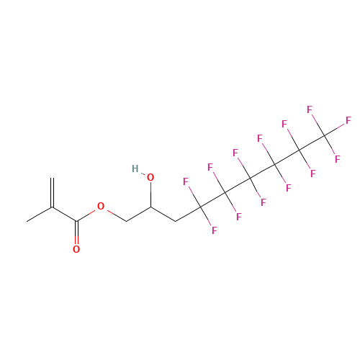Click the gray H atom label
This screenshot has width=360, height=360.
135,168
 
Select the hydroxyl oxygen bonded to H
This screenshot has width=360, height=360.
150,177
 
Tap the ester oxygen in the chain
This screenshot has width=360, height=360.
101,206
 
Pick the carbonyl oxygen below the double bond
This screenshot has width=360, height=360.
76,249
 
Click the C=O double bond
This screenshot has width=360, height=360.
76,233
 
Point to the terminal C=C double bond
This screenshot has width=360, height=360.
52,192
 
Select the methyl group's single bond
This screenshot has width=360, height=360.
40,214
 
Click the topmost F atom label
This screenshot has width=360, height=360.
310,109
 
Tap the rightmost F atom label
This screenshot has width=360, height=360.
348,120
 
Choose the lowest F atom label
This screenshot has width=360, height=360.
214,230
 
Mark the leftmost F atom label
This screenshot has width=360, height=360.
186,181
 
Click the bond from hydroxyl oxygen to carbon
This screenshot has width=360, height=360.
150,194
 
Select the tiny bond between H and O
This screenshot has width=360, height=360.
143,174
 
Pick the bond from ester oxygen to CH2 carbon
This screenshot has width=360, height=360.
117,216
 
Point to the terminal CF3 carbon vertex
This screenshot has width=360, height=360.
324,135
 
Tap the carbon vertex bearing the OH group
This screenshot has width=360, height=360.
150,207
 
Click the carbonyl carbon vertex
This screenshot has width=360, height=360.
76,221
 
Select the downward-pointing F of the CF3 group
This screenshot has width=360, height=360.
338,159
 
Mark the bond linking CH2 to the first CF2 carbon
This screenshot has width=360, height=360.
188,214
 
